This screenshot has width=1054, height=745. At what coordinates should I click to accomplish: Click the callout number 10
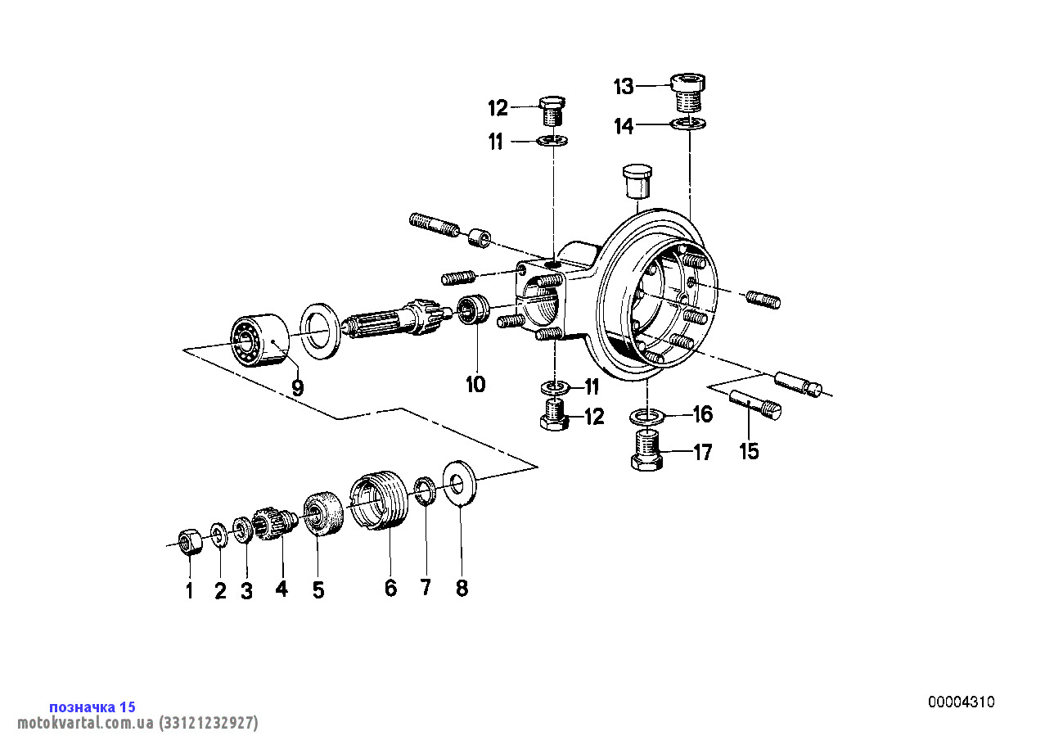coord(475,383)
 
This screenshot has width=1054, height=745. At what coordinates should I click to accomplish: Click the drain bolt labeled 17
coord(647,450)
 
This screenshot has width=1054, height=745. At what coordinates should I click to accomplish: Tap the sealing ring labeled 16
coord(646,417)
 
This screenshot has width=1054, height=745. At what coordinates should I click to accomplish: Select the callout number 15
coord(749,451)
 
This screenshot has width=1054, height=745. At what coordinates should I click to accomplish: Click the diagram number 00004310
coord(961,702)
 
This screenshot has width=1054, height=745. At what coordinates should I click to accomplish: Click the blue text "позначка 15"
coord(92,707)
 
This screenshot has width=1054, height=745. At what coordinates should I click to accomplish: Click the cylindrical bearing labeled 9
coord(256,340)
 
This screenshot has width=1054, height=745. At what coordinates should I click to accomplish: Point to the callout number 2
coord(219,591)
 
